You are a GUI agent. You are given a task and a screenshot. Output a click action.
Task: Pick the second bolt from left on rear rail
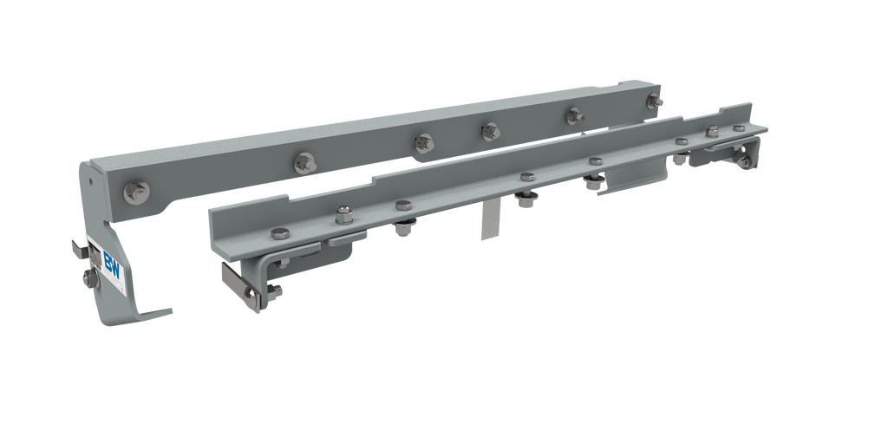304,161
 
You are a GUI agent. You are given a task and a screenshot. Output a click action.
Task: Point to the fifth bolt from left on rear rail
573,114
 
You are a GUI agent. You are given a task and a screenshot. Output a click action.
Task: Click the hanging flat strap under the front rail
488,222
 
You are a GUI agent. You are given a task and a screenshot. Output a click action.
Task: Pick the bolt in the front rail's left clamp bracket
252,297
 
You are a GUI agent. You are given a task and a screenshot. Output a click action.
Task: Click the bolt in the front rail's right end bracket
743,161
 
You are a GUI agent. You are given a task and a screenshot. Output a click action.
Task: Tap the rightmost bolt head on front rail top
739,128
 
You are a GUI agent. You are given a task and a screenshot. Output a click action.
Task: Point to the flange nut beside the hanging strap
525,201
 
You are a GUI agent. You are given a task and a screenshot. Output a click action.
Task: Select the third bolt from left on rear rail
423,142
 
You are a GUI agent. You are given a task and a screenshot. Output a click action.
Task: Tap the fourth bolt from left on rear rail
491,131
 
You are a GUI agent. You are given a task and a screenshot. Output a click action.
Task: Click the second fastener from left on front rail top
341,213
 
